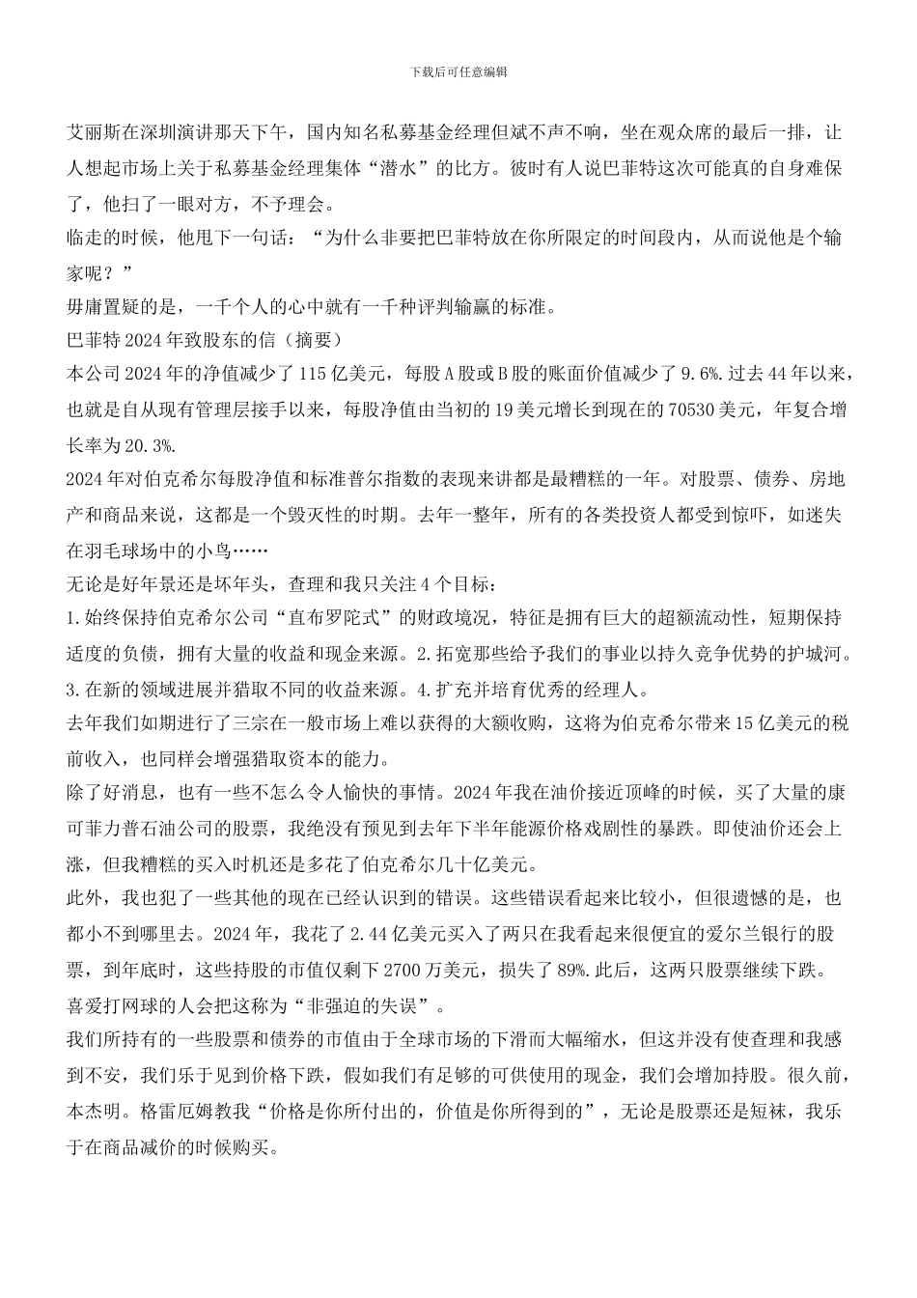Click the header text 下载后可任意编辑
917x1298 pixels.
458,71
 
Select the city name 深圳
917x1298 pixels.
166,132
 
